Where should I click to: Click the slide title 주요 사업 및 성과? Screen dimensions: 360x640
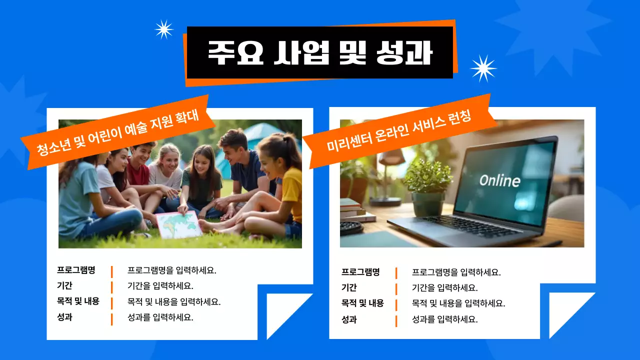pyautogui.click(x=320, y=52)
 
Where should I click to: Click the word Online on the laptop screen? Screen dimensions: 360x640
pyautogui.click(x=499, y=180)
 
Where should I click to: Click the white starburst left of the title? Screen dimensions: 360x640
pyautogui.click(x=164, y=29)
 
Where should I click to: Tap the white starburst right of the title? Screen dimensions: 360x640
pyautogui.click(x=483, y=68)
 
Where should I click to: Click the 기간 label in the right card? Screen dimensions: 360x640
pyautogui.click(x=349, y=287)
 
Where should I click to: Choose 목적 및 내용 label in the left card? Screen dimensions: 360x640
pyautogui.click(x=78, y=301)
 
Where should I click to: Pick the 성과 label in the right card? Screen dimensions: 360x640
pyautogui.click(x=349, y=319)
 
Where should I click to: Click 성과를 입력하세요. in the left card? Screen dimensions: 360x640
pyautogui.click(x=160, y=317)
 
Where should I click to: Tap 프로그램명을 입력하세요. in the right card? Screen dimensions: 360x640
pyautogui.click(x=456, y=272)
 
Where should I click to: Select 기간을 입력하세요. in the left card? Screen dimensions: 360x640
pyautogui.click(x=160, y=286)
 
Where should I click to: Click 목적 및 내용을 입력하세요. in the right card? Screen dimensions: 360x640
pyautogui.click(x=458, y=303)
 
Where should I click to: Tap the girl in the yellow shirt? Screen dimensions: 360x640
pyautogui.click(x=287, y=185)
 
